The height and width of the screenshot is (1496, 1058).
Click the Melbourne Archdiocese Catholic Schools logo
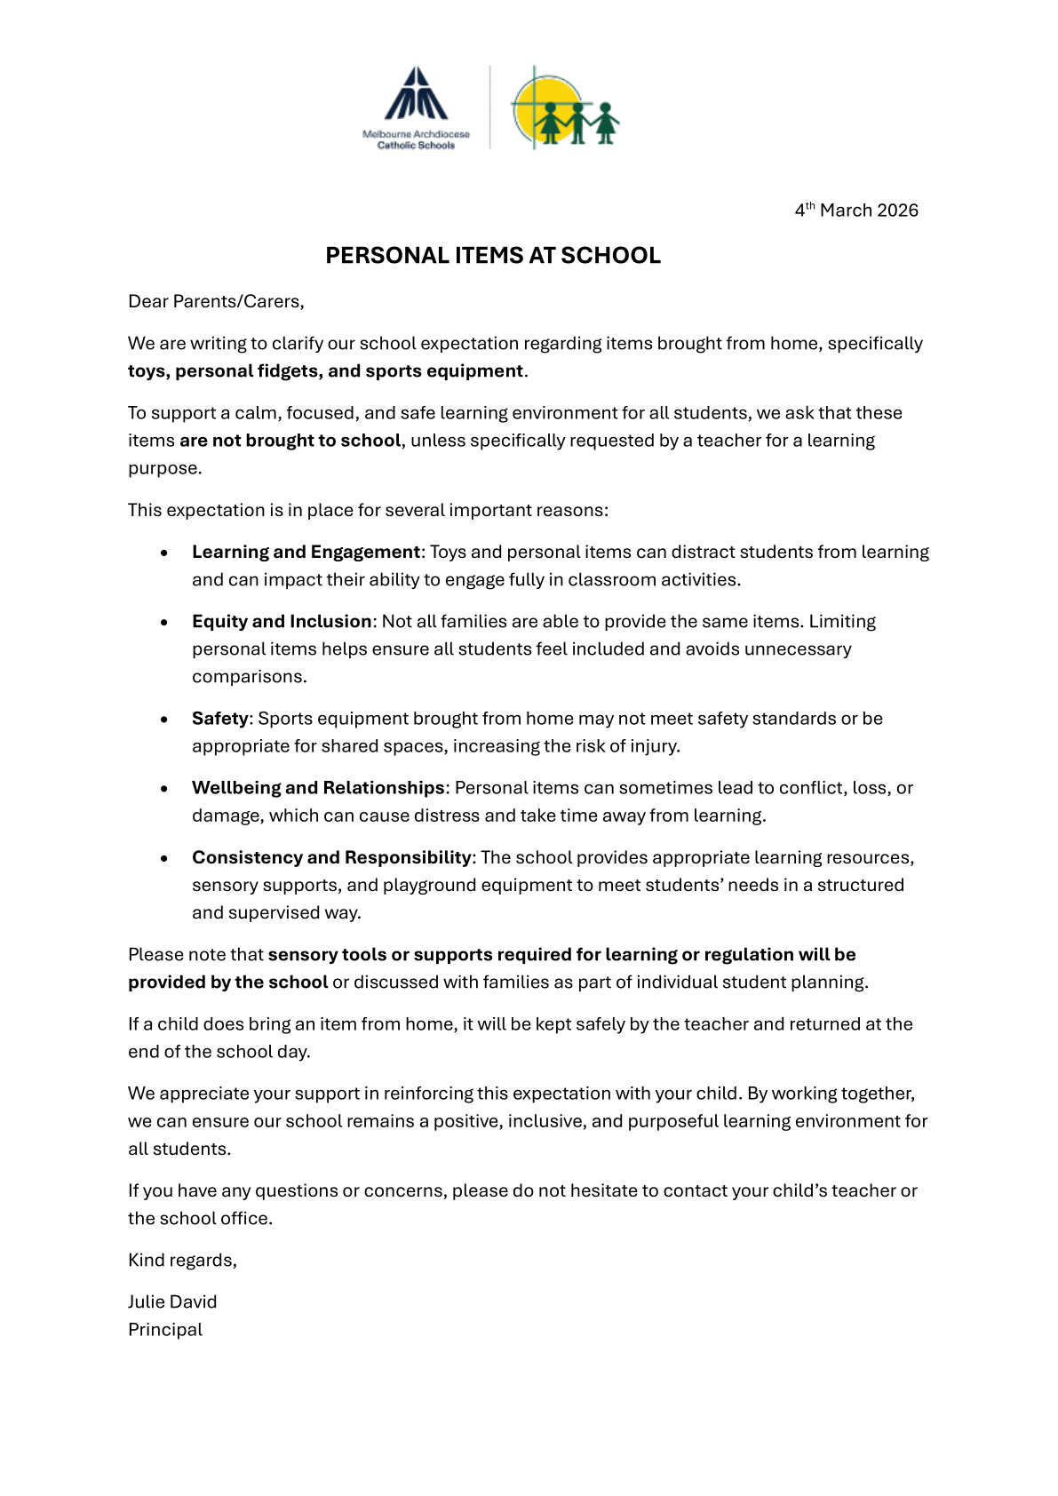[416, 107]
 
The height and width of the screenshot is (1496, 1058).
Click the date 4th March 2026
[856, 211]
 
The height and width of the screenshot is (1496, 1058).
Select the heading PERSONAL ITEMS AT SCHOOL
[493, 256]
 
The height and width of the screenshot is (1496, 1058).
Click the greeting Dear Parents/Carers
[216, 302]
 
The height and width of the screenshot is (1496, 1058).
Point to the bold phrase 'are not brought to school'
[290, 441]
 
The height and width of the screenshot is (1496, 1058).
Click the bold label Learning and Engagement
[306, 553]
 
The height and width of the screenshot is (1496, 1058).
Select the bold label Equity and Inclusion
[282, 622]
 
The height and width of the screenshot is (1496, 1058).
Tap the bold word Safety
[219, 719]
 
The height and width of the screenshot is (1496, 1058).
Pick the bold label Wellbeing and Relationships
[318, 788]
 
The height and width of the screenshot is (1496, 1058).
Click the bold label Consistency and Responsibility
[331, 857]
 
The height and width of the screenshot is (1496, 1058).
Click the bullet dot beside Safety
[164, 720]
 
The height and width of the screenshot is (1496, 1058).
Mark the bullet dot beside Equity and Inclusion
[164, 623]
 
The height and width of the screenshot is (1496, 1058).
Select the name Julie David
[172, 1302]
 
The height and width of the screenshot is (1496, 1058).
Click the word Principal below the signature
[165, 1330]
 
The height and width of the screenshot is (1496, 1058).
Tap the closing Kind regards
[182, 1261]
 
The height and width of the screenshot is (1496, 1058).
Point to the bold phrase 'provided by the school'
[228, 983]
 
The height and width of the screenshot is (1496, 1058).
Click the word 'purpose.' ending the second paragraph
[165, 468]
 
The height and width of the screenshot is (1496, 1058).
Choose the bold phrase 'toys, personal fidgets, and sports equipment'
[325, 371]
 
